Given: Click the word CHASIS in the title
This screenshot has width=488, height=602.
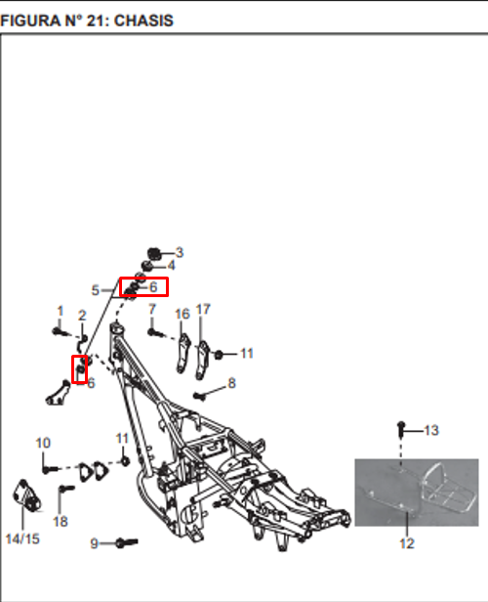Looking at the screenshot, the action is click(x=143, y=21).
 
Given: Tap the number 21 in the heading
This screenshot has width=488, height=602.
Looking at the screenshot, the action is click(x=94, y=21).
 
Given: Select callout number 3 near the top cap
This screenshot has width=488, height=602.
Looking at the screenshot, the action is click(x=180, y=252).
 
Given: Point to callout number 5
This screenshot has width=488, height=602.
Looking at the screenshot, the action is click(x=96, y=290).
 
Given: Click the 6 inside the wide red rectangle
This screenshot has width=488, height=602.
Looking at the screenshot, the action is click(x=153, y=286).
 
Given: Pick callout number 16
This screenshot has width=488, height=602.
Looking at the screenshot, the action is click(x=183, y=314).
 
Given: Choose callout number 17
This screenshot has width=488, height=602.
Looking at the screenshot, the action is click(x=203, y=309).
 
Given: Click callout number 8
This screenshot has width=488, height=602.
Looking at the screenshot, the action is click(x=231, y=383).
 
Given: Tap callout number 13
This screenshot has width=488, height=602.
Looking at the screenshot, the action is click(x=431, y=430).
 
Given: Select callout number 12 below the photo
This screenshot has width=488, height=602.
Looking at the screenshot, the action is click(x=407, y=543).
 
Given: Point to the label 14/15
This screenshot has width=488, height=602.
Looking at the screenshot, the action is click(x=22, y=538).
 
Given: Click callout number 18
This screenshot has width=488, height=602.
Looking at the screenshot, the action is click(x=61, y=522).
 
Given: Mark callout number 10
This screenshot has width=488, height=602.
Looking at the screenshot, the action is click(x=43, y=443).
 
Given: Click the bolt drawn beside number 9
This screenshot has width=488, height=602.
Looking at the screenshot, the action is click(x=127, y=542).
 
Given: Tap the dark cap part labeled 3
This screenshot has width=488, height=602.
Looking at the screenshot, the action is click(x=154, y=253).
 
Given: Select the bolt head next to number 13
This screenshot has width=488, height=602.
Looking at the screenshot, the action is click(x=401, y=428).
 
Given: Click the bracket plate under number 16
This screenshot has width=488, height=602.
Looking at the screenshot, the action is click(x=183, y=353).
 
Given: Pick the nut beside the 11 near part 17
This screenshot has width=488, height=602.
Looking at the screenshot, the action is click(x=219, y=355).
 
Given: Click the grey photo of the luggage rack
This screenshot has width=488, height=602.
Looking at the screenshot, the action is click(x=417, y=493).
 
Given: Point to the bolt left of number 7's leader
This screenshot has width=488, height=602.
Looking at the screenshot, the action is click(x=155, y=333).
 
